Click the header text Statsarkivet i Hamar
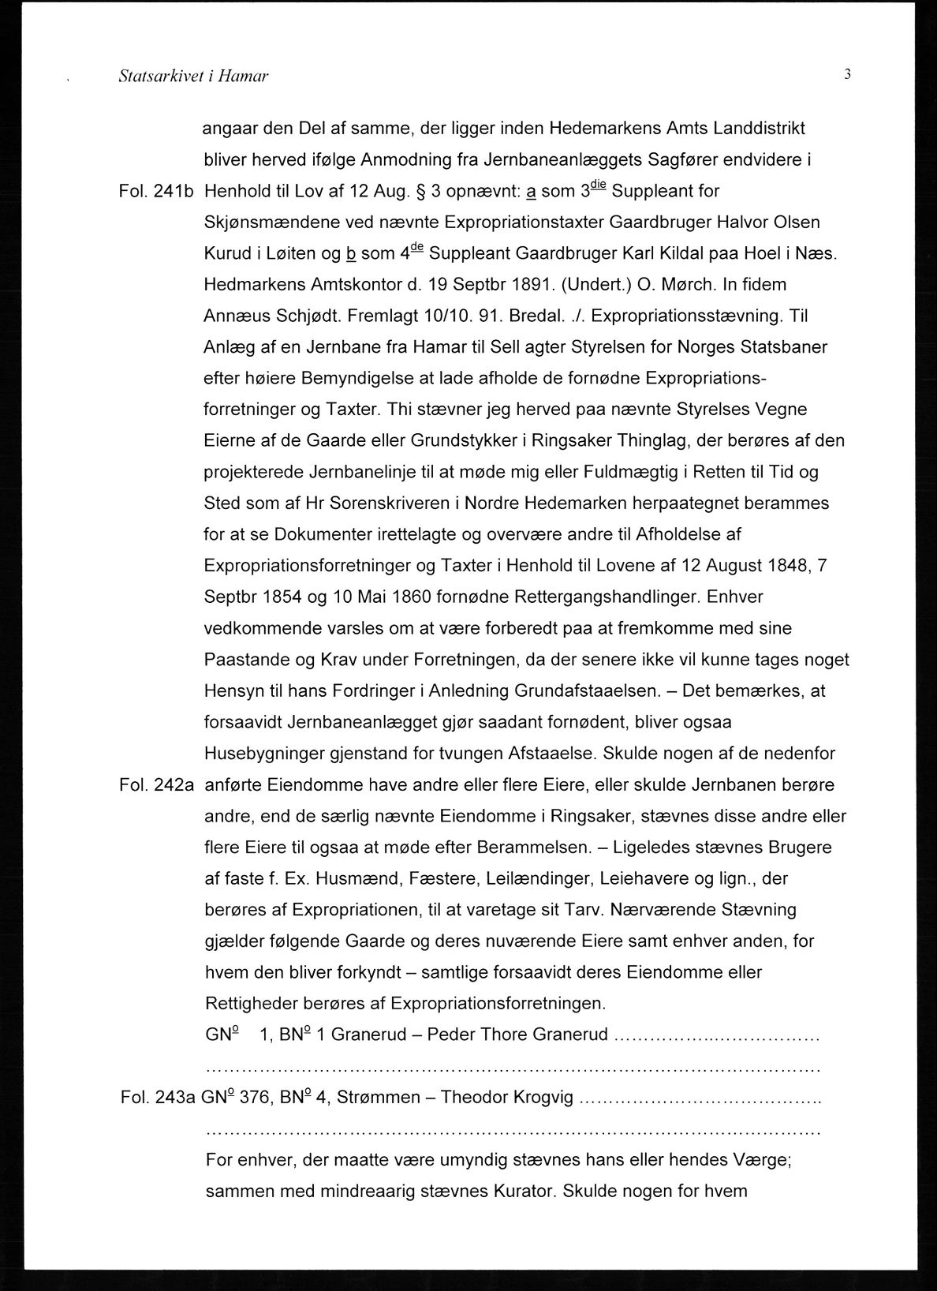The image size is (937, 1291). pos(193,77)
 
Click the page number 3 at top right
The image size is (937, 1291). pos(846,75)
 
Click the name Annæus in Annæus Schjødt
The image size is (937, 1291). pos(233,316)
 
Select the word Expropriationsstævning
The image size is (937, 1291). pos(685,316)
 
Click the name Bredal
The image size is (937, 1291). pos(530,316)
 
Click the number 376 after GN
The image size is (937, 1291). pos(256,1098)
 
